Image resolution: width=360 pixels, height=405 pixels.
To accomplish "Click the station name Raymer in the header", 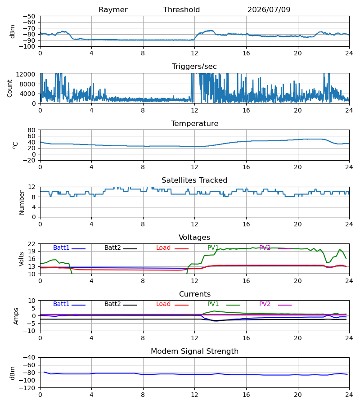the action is click(x=113, y=10).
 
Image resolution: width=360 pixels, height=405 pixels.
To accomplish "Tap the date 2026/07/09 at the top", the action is click(x=269, y=10).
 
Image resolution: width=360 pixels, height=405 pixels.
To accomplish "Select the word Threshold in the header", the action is click(x=181, y=10).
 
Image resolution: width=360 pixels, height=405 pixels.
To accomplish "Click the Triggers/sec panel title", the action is click(x=194, y=67).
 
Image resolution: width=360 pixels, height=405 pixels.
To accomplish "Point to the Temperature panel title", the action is click(x=194, y=123).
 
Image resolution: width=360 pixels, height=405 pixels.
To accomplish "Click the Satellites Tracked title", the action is click(x=194, y=180).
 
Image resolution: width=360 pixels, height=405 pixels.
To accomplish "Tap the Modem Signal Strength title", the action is click(x=194, y=351).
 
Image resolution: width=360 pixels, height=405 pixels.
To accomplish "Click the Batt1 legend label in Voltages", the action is click(x=61, y=247).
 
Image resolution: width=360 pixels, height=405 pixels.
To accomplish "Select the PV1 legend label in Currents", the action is click(x=213, y=304).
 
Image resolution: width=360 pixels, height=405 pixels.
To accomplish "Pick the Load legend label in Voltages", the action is click(x=163, y=247).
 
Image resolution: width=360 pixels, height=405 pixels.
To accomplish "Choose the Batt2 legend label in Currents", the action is click(x=112, y=304).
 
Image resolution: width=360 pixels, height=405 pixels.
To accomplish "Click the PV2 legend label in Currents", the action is click(x=265, y=304).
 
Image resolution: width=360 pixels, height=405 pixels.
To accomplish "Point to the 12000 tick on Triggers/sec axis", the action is click(x=26, y=74).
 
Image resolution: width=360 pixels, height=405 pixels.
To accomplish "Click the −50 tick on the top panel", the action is click(x=29, y=16).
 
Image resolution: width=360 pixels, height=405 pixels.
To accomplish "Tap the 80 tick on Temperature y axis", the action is click(x=31, y=130).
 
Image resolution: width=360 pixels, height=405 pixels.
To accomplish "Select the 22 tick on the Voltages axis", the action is click(x=31, y=244).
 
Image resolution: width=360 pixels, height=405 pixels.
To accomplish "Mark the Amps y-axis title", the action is click(x=16, y=316).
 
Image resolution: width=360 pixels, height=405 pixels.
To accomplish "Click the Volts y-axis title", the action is click(x=22, y=259).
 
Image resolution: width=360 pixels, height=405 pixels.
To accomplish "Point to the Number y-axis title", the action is click(x=22, y=202).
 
